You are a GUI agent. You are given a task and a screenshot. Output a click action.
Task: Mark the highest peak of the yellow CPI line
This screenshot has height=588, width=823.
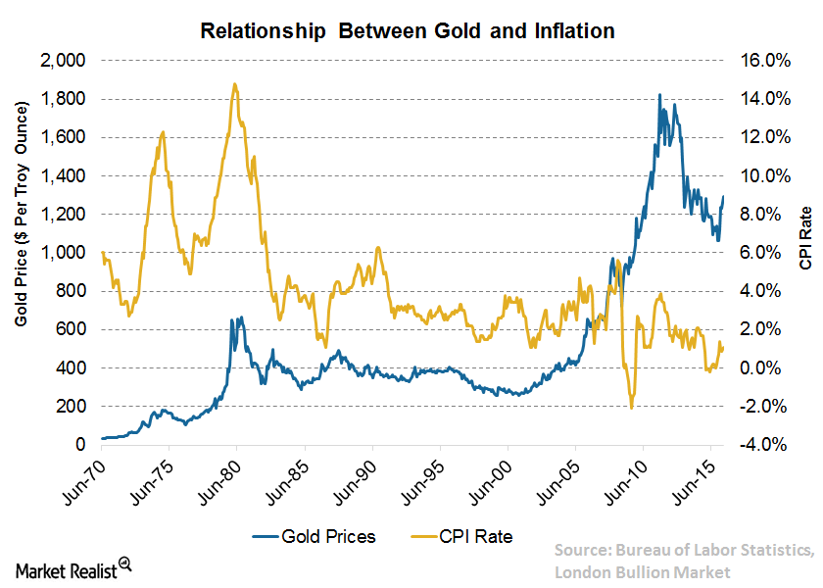(x=234, y=84)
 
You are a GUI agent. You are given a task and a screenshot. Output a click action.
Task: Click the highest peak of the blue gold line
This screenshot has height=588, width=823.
(x=658, y=95)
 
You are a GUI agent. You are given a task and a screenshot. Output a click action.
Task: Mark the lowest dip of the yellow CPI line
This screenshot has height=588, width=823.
(x=632, y=407)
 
